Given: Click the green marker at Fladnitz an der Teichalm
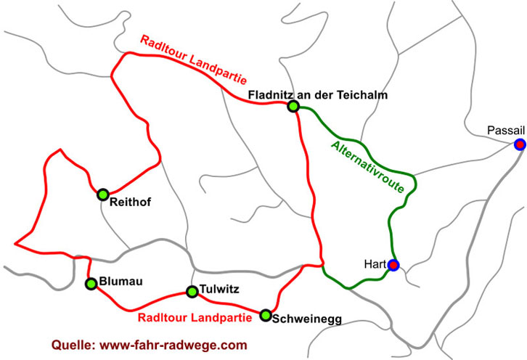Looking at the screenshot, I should coord(293,107).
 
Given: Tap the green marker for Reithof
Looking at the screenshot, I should coord(103,194).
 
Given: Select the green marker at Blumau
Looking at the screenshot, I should coord(91,284).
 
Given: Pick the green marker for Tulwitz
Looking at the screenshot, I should coord(192,292).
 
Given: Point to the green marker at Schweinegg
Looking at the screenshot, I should coord(266,315).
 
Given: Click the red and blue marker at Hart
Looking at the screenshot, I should coord(393,265).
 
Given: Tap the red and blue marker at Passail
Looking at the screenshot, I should coord(520,144).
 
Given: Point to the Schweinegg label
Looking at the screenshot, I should coord(306,319).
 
